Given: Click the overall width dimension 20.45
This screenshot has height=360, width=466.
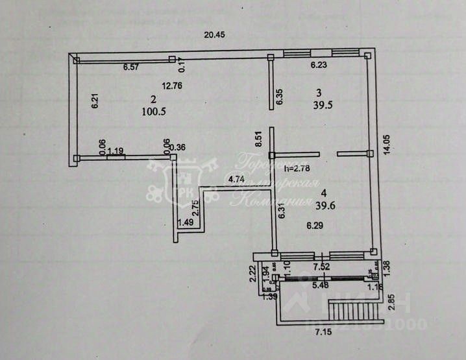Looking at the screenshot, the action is click(214, 35).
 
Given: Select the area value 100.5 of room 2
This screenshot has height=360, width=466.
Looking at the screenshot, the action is click(154, 111).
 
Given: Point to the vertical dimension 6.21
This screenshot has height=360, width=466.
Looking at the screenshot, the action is click(94, 102).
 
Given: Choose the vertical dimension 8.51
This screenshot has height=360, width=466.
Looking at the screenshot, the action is click(258, 140).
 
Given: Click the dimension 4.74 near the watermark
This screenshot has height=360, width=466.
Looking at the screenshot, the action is click(236, 180).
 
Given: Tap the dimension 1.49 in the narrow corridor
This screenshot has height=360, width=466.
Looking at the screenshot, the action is click(186, 222).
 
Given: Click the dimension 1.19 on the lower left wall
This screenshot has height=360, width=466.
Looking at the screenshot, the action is click(116, 152).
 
